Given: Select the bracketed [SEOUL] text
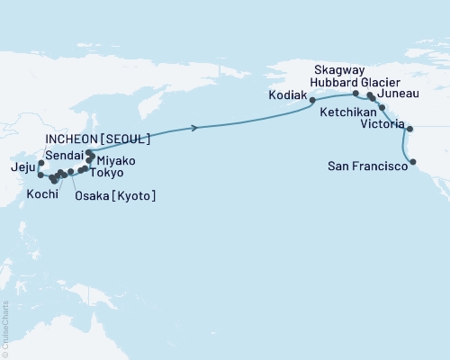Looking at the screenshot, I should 127,140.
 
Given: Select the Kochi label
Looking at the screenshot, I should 44,193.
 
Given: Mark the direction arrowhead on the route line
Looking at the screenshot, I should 194,129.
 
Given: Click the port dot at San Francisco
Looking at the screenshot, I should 413,163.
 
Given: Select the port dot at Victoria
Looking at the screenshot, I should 409,129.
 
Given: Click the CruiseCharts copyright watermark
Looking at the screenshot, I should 5,329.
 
